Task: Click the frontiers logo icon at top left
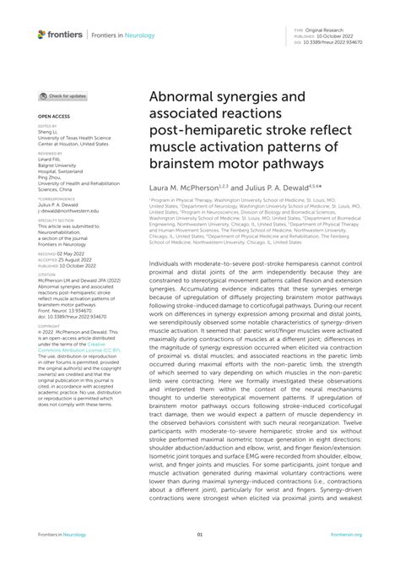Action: (x=41, y=34)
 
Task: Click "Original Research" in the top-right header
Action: (x=332, y=30)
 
